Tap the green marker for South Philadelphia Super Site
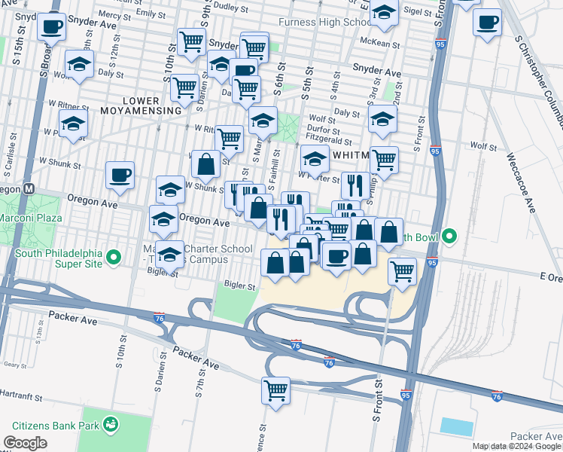click(x=114, y=258)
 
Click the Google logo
click(x=25, y=443)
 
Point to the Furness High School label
click(x=324, y=22)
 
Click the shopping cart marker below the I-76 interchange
click(x=275, y=390)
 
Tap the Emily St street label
click(x=151, y=14)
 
